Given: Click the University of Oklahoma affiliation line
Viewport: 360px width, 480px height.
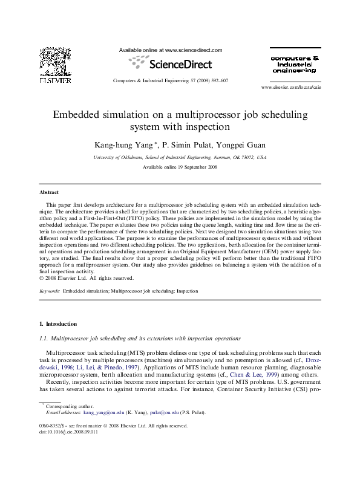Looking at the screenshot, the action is coord(180,156).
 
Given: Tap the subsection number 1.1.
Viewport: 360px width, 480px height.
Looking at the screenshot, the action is coord(42,338).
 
